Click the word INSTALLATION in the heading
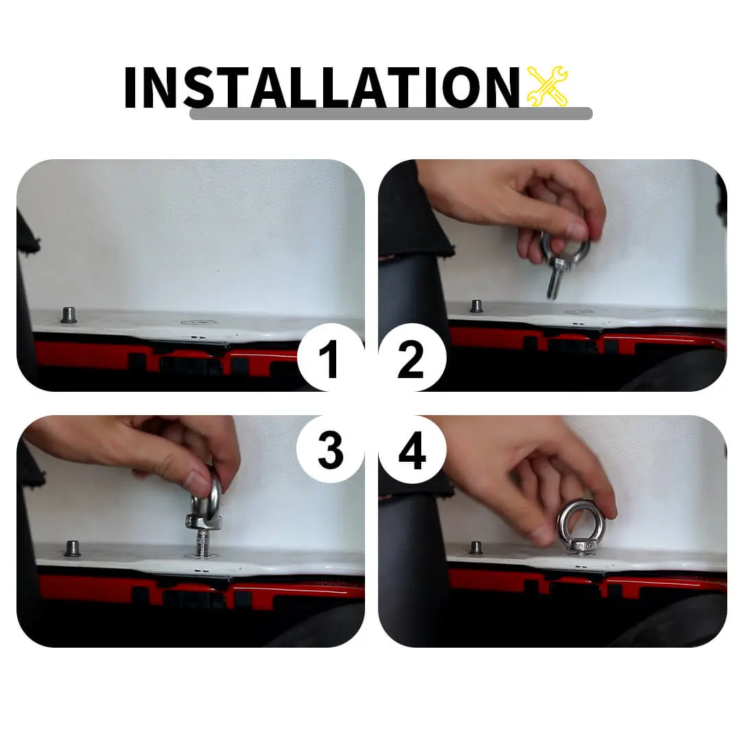[x=322, y=87]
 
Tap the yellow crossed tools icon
[x=548, y=86]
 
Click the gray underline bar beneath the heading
[x=391, y=113]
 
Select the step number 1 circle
[x=331, y=357]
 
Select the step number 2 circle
[x=412, y=357]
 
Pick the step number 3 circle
[x=330, y=449]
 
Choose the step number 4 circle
[x=412, y=449]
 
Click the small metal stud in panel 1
[x=69, y=315]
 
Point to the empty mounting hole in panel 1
[x=199, y=322]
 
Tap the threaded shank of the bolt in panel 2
[x=553, y=282]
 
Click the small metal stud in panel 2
[x=476, y=306]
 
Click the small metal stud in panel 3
[x=72, y=549]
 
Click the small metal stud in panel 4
[x=476, y=548]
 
